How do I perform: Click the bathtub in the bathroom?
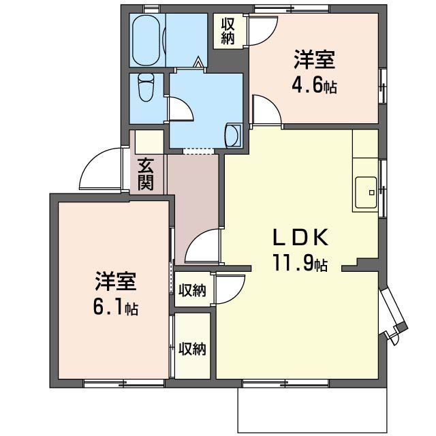[x=147, y=40]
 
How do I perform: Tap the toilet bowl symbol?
[x=146, y=87]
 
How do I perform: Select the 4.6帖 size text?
[x=315, y=87]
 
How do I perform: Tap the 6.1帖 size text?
[x=115, y=307]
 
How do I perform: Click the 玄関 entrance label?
[x=145, y=174]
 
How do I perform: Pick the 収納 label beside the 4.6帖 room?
[x=228, y=31]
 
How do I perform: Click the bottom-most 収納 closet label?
[x=192, y=349]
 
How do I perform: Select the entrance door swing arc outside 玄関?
[x=102, y=170]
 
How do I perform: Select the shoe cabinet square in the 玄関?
[x=149, y=141]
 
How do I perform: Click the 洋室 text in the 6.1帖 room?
[x=115, y=281]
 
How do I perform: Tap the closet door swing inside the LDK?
[x=230, y=287]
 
